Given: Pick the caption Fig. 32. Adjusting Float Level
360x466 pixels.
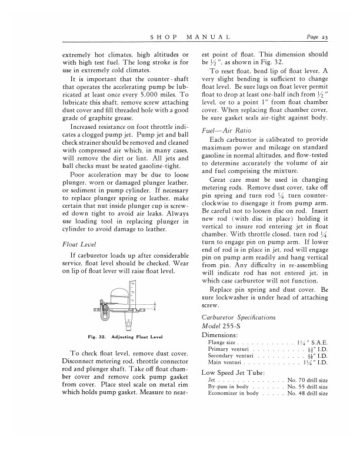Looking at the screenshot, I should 118,337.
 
